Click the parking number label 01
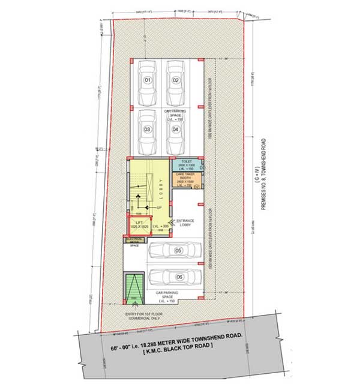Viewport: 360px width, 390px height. click(x=146, y=80)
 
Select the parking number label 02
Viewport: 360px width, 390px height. click(x=176, y=80)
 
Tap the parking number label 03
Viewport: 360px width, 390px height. click(x=146, y=128)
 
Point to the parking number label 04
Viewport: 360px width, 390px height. click(x=176, y=128)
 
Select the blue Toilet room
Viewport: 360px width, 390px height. click(x=185, y=166)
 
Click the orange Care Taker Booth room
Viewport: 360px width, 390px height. click(x=185, y=181)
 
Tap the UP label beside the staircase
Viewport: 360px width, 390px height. click(x=159, y=208)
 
